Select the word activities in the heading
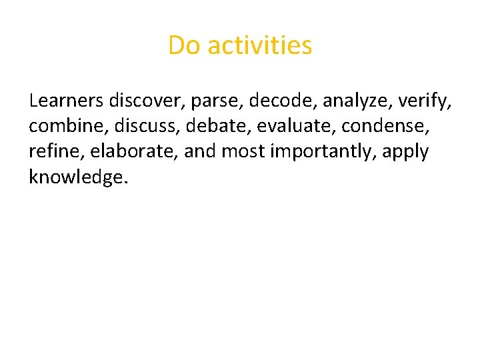260,46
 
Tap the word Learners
65,101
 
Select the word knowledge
74,177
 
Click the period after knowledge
123,182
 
